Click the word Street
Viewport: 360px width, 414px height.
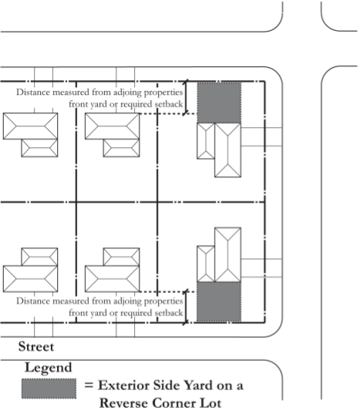point(36,346)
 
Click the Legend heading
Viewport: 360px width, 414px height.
point(48,368)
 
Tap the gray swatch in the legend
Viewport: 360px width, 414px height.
point(49,389)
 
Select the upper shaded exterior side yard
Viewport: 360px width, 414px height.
point(219,103)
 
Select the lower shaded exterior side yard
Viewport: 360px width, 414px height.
point(219,301)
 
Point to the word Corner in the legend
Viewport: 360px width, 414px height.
point(170,403)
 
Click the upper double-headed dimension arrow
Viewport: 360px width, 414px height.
point(187,97)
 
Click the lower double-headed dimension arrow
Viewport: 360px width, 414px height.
point(186,307)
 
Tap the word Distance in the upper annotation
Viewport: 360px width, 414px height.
point(33,93)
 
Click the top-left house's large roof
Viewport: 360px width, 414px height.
point(30,126)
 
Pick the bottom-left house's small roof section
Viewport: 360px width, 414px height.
point(39,257)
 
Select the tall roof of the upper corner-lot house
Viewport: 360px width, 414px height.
point(227,150)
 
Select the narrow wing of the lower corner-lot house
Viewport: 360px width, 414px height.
point(206,264)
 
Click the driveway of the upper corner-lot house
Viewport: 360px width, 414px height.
point(261,136)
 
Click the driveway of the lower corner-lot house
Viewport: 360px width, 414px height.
point(261,268)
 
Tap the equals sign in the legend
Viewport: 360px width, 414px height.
point(89,385)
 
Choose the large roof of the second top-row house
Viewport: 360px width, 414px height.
point(113,126)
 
